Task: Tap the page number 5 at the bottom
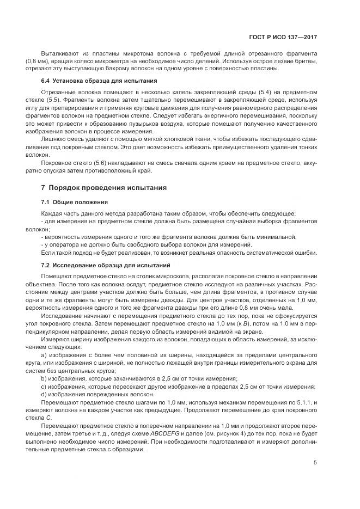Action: coord(315,463)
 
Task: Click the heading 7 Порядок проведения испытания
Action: coord(105,187)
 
